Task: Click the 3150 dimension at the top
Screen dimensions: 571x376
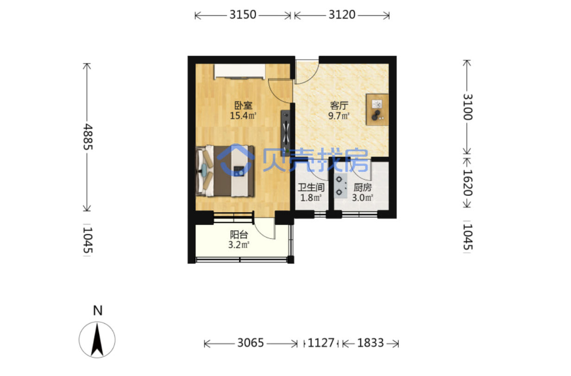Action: click(x=243, y=15)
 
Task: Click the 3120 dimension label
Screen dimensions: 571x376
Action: click(x=342, y=15)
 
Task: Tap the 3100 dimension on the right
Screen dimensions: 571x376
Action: click(x=468, y=107)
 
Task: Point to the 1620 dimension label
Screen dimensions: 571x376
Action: click(x=468, y=182)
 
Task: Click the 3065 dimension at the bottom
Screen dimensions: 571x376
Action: click(x=251, y=343)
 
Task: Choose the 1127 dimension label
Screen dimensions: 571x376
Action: click(x=321, y=343)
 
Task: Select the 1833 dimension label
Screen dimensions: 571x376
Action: click(x=370, y=343)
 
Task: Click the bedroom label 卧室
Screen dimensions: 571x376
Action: click(x=243, y=105)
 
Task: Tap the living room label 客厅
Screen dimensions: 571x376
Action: click(x=339, y=106)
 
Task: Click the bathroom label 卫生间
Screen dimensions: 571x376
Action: click(x=311, y=188)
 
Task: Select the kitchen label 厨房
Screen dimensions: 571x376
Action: click(x=363, y=188)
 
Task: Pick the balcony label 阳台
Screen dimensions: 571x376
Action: click(x=239, y=234)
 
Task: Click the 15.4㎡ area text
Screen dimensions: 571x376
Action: click(x=243, y=116)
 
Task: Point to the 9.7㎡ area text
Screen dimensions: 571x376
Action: click(x=339, y=116)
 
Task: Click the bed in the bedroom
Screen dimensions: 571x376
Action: click(x=225, y=171)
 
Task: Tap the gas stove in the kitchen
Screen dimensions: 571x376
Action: click(x=341, y=186)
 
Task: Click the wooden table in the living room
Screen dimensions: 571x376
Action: click(x=377, y=110)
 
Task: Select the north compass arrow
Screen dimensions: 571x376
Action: click(x=97, y=339)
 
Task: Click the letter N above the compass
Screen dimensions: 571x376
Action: click(x=98, y=311)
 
